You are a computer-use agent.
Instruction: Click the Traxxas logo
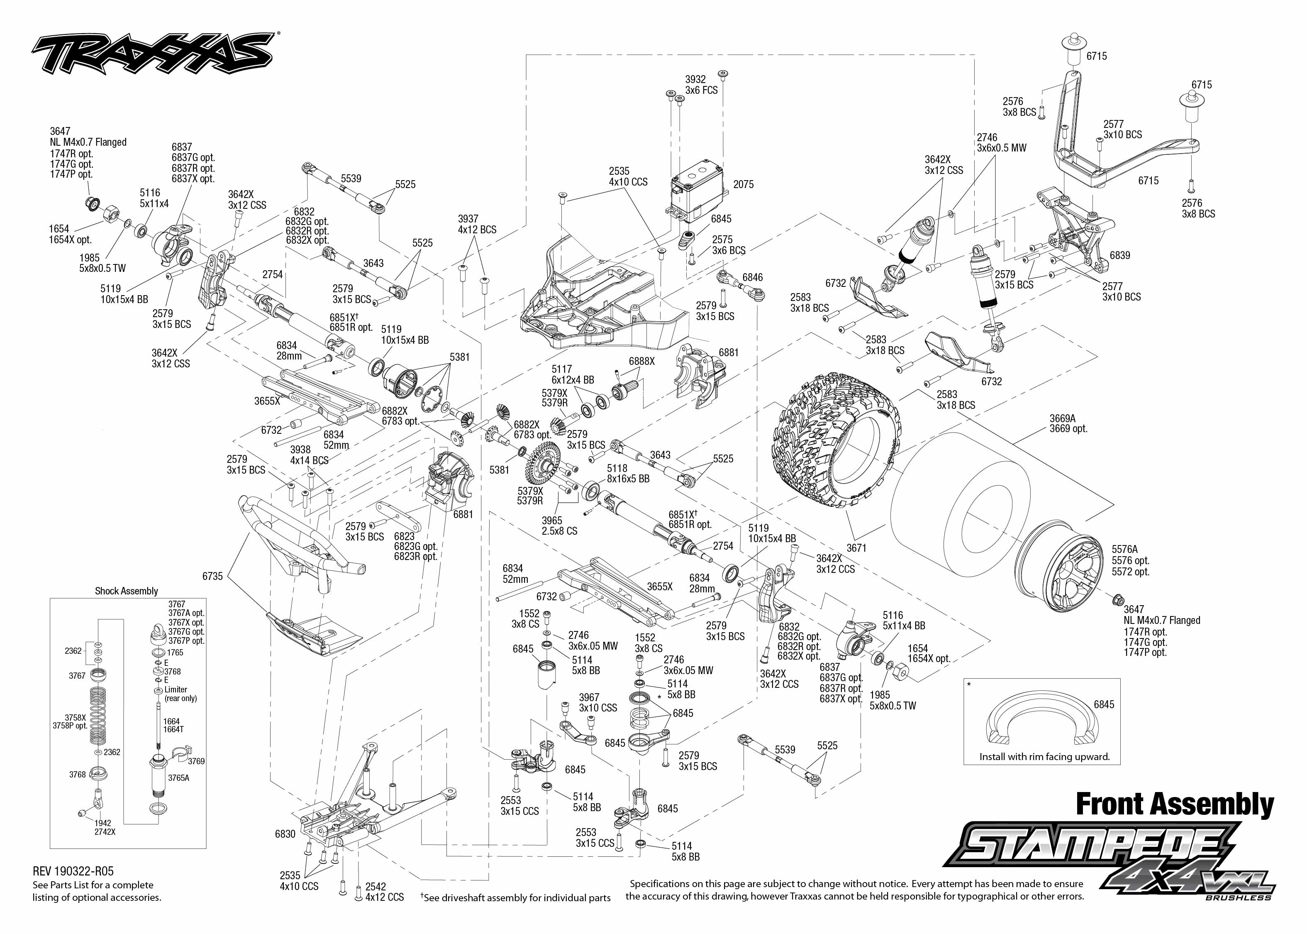[152, 54]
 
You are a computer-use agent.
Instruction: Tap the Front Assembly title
[1174, 804]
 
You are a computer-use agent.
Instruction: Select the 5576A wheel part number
[1124, 549]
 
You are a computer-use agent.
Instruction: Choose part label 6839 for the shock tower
[1119, 255]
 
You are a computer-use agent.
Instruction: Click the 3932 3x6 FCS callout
[701, 85]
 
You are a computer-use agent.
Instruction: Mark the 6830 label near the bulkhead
[285, 834]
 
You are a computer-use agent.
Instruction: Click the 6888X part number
[641, 361]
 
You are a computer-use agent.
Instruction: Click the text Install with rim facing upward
[1044, 757]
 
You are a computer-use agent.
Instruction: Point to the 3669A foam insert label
[1062, 419]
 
